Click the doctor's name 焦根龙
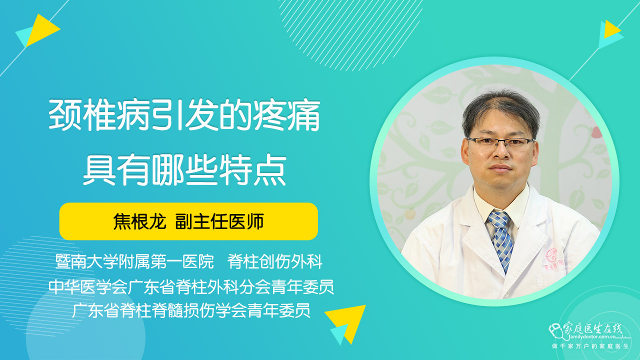(x=139, y=221)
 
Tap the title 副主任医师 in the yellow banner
(x=219, y=221)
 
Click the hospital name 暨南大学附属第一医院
(x=134, y=261)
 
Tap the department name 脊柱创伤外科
(x=275, y=261)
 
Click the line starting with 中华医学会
(x=191, y=286)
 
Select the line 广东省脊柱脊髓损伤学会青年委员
(x=191, y=310)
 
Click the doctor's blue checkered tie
(x=500, y=240)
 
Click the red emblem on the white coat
(x=551, y=255)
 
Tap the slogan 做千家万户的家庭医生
(x=590, y=346)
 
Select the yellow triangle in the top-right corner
(x=611, y=29)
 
